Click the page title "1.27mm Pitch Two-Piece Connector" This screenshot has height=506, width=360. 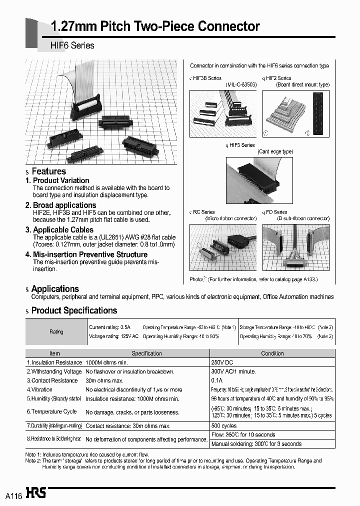pos(155,26)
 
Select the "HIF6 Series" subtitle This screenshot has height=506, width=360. pos(72,45)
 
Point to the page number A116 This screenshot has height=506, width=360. pos(14,495)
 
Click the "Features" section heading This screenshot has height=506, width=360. pos(48,171)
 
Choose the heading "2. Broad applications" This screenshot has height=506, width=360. pos(60,205)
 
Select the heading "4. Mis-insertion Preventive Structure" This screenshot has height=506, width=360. pos(86,254)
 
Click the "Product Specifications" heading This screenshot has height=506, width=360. pos(74,310)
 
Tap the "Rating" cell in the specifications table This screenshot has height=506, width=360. pos(56,331)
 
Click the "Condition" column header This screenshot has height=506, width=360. pos(272,353)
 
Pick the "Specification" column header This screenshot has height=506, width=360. pos(146,353)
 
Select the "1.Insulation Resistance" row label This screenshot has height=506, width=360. pos(54,362)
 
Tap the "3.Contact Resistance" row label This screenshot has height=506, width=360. pos(52,380)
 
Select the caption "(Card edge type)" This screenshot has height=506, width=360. pos(275,151)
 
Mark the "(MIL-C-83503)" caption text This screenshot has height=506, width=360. pos(240,84)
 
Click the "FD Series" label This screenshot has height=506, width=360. pos(276,212)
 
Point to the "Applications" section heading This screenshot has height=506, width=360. pos(55,289)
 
